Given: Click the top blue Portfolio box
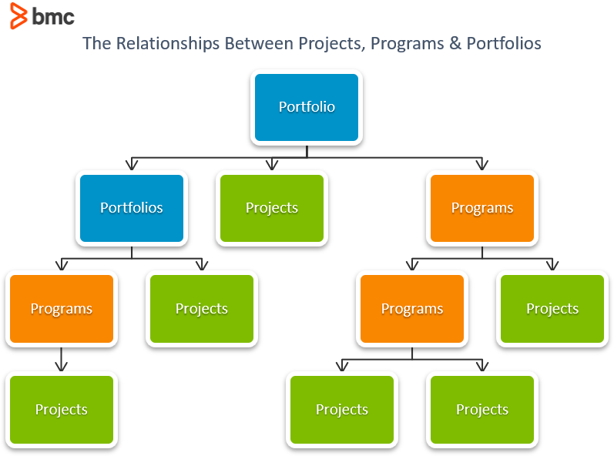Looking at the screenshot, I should click(307, 107).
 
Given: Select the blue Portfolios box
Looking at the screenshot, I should click(131, 208).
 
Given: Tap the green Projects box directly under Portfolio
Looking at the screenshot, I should click(272, 208).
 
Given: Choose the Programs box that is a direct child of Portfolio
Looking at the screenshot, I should click(481, 208).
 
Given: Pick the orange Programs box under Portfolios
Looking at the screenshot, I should click(61, 309).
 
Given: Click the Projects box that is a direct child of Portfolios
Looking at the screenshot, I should click(201, 309).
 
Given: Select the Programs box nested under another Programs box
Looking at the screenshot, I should click(411, 309).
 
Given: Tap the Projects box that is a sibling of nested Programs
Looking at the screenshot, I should click(552, 309).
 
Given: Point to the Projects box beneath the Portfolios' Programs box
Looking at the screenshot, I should click(61, 410).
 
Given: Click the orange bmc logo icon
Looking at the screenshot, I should click(18, 15).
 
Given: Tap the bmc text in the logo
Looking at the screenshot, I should click(53, 16).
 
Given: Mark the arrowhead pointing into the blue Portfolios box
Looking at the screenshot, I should click(131, 164).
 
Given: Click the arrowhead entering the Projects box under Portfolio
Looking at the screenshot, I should click(272, 164).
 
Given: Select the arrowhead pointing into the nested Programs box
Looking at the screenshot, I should click(411, 265).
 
